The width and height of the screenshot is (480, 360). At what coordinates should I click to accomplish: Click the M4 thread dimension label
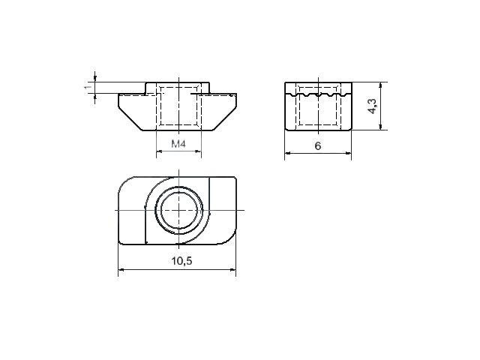tap(178, 143)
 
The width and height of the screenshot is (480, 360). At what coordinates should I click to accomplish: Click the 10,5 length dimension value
tap(181, 261)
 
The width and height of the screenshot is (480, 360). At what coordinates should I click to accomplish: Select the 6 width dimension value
tap(318, 146)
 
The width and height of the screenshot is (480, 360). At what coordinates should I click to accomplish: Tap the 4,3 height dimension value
tap(373, 106)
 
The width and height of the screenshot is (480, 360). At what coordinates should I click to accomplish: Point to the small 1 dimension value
tap(88, 87)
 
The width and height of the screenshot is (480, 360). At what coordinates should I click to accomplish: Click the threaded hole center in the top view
tap(178, 210)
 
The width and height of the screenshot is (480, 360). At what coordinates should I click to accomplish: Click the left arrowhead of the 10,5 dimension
tap(121, 270)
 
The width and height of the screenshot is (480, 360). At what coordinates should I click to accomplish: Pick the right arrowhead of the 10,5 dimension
tap(233, 270)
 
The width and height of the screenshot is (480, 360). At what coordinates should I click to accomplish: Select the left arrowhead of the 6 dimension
tap(287, 153)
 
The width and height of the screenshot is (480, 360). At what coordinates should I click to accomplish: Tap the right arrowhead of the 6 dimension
tap(348, 153)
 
